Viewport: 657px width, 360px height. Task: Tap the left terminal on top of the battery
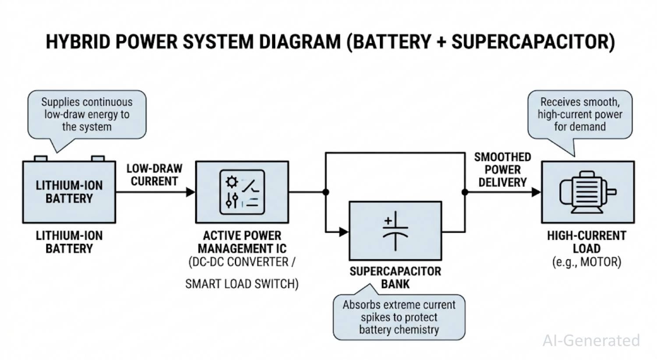pos(41,158)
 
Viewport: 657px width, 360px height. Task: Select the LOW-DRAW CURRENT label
pos(154,175)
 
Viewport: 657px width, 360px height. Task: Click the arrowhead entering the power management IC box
pos(191,192)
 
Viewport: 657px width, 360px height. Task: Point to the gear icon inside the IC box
pos(232,182)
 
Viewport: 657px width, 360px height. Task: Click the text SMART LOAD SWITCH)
pos(242,284)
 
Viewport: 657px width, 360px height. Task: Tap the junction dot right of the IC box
pos(325,192)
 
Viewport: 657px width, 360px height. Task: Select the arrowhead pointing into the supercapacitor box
pos(344,232)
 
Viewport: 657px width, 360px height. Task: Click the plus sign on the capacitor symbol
pos(388,221)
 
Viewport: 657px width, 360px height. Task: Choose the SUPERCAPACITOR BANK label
pos(395,277)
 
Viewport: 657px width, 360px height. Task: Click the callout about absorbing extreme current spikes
pos(399,317)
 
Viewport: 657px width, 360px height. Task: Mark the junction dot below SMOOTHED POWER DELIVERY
pos(465,192)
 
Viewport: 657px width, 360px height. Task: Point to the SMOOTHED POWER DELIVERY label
pos(502,169)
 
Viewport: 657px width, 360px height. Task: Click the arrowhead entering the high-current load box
pos(536,192)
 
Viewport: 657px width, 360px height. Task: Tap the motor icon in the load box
pos(587,192)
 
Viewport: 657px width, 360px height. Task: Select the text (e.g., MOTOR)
pos(586,262)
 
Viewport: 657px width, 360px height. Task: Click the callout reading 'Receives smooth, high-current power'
pos(580,114)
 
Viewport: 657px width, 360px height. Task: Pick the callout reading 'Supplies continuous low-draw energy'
pos(87,114)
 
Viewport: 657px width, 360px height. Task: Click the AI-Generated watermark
pos(591,340)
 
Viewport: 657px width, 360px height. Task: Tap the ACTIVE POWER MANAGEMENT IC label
pos(242,242)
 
